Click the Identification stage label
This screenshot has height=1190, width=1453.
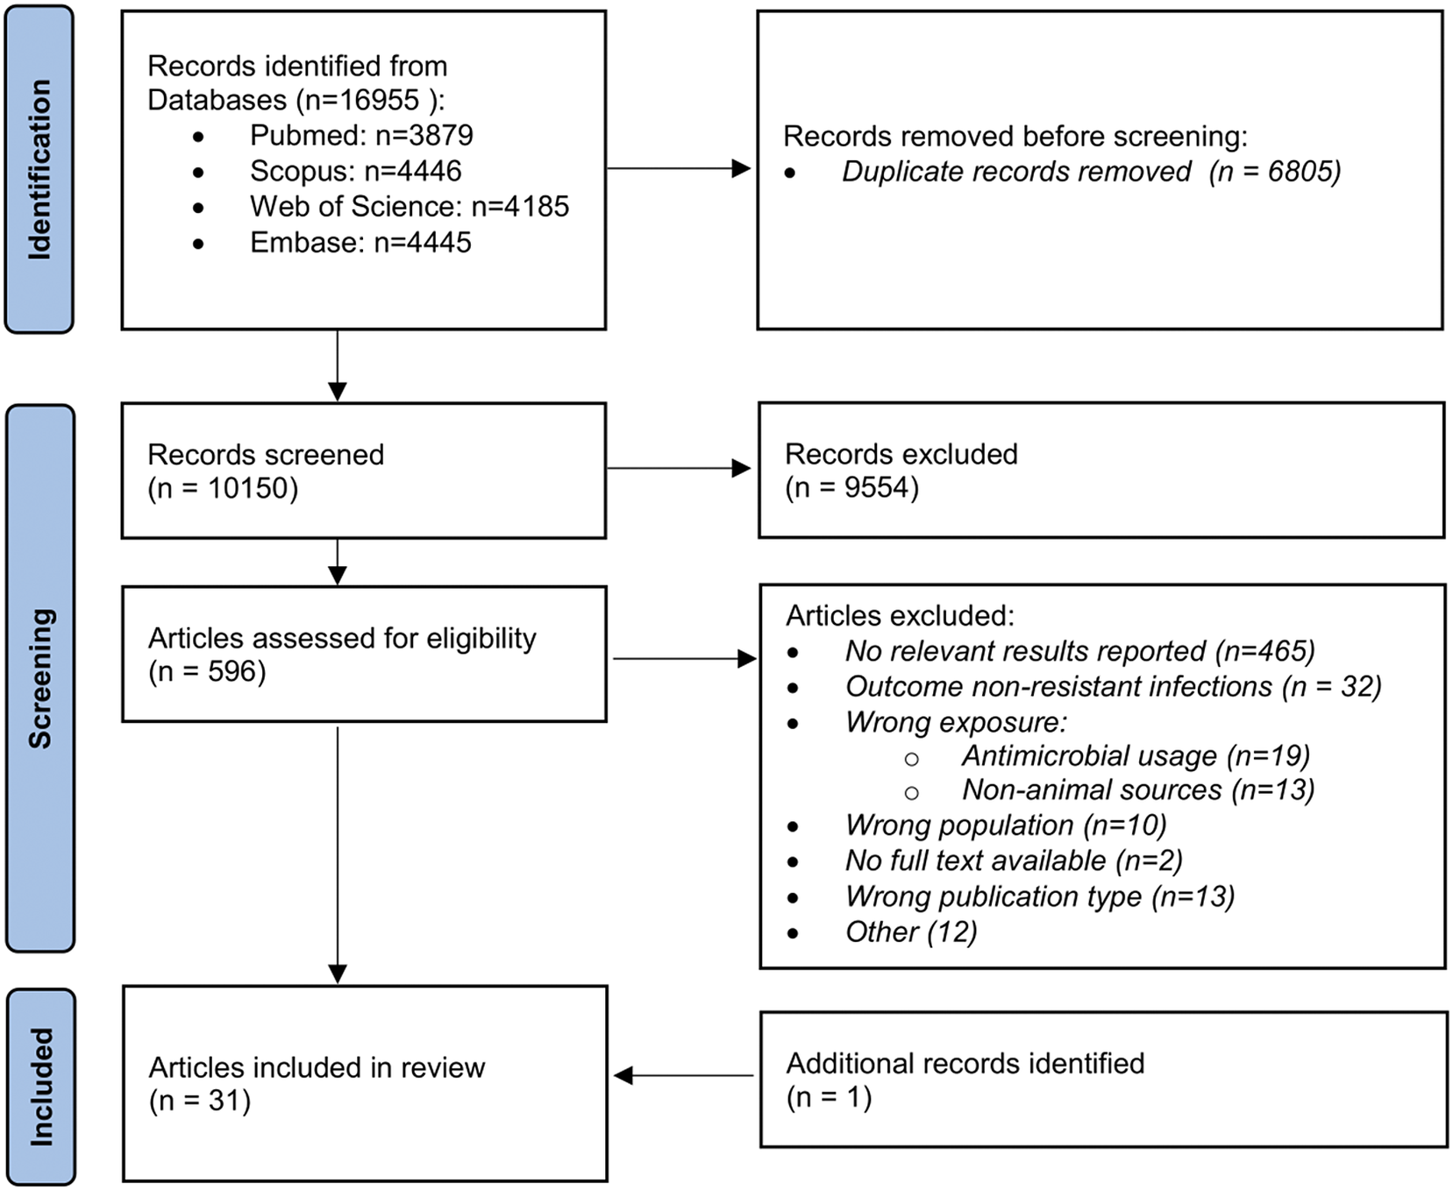(39, 169)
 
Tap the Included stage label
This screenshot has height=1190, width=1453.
(40, 1087)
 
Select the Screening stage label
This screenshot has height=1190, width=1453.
(40, 678)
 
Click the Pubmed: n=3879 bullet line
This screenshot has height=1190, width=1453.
(361, 135)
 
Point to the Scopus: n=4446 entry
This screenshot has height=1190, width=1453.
(355, 171)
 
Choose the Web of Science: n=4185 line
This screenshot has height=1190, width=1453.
(410, 206)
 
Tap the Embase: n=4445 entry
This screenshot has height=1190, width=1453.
(360, 242)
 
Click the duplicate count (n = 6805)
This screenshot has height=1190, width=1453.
(1275, 171)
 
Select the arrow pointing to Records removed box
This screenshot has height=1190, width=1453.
(680, 168)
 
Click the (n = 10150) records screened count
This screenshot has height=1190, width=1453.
(223, 488)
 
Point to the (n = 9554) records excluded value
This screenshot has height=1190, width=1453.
(851, 487)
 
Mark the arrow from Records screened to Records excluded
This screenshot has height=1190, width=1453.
(680, 468)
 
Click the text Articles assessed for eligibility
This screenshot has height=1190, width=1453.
(342, 638)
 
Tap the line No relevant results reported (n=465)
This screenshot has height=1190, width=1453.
(1079, 651)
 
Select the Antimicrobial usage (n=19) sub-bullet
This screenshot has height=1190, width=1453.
(1136, 755)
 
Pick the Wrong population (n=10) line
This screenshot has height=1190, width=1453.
(1006, 825)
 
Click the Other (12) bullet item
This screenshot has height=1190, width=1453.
(911, 931)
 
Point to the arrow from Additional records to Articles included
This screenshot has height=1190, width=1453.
(684, 1075)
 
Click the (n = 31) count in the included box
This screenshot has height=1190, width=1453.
(200, 1101)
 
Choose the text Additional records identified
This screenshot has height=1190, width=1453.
(965, 1063)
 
